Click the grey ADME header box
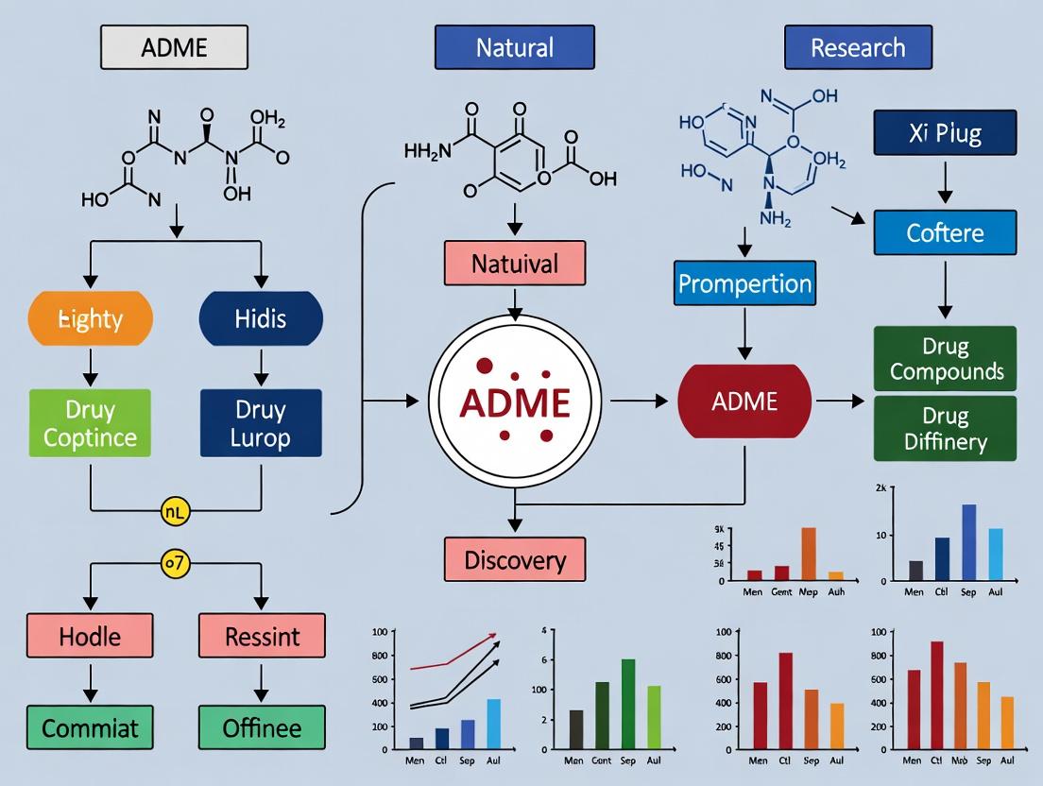174,47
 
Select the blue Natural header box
514,47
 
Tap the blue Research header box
858,47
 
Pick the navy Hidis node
261,319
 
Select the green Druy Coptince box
90,423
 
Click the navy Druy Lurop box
261,423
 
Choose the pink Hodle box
90,636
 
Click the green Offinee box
262,728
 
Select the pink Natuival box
515,263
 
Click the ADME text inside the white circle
515,402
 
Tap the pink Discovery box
515,559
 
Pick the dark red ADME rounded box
744,402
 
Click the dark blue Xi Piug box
945,133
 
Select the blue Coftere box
945,232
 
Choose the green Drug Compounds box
945,359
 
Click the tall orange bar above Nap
809,553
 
